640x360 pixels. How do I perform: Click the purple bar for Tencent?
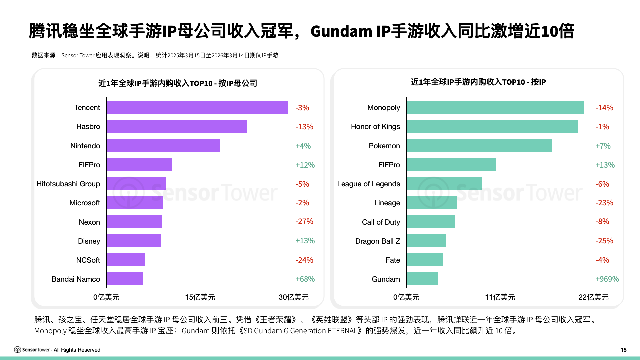click(x=197, y=107)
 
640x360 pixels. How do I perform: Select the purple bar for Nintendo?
click(x=163, y=145)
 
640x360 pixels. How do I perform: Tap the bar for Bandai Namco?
click(x=125, y=279)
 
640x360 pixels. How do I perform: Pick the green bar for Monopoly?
click(x=495, y=107)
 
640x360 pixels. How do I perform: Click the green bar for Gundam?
click(x=422, y=279)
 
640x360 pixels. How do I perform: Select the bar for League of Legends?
click(x=444, y=183)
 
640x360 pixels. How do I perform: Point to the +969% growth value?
click(x=607, y=279)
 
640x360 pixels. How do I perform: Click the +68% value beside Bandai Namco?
click(x=305, y=279)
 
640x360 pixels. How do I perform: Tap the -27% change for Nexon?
click(x=304, y=221)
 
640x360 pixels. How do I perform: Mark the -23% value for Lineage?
click(x=604, y=203)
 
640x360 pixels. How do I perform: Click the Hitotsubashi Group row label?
click(x=68, y=184)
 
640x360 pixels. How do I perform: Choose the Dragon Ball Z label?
click(x=377, y=241)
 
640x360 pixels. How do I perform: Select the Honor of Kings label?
click(x=375, y=126)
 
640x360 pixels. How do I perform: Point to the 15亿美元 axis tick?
click(x=200, y=297)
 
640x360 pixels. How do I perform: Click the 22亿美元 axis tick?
click(x=593, y=297)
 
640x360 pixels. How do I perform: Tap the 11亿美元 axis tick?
click(x=500, y=297)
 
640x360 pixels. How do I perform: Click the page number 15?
click(x=623, y=350)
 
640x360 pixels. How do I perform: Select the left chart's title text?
click(x=178, y=83)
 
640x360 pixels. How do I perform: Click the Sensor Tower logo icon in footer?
click(x=17, y=350)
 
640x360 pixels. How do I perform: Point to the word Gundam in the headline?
click(x=341, y=31)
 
